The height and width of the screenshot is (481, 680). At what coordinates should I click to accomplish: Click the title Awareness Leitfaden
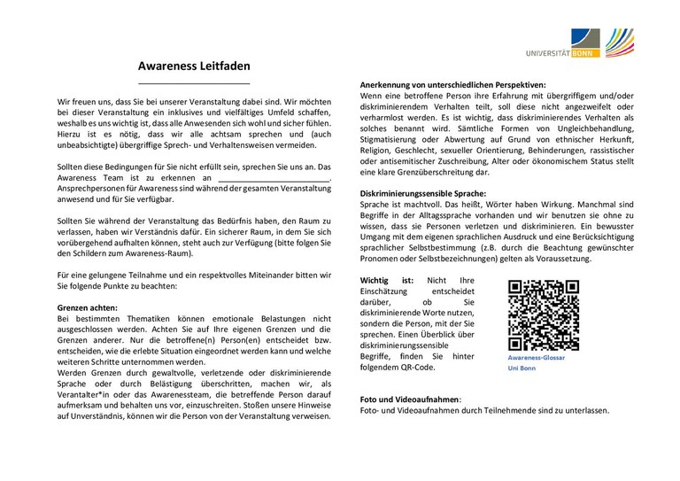194,66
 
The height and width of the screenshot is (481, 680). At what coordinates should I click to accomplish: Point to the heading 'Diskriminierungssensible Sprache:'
423,192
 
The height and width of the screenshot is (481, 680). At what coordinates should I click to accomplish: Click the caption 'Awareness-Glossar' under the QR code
537,356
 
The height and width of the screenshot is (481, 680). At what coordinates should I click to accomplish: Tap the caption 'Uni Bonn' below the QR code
522,367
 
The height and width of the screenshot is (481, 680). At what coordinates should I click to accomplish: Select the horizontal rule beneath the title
194,82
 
